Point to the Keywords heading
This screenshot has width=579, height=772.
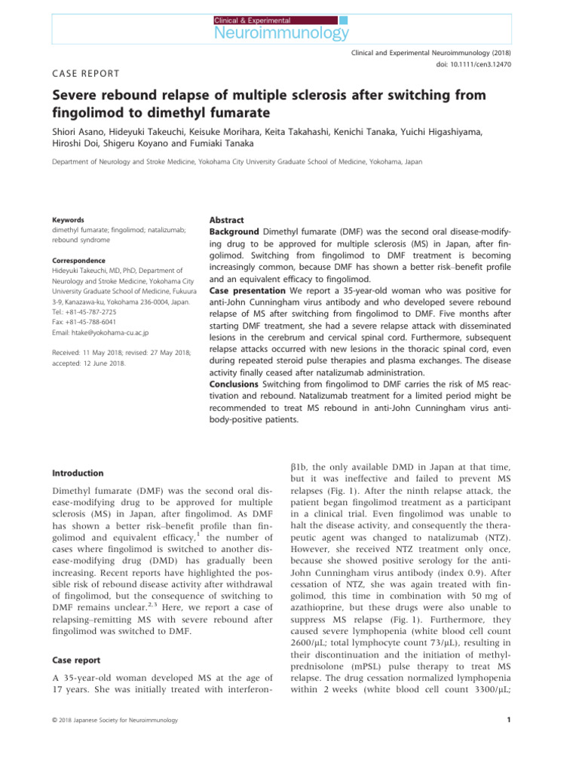(64, 220)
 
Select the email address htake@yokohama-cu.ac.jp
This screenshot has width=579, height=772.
(105, 332)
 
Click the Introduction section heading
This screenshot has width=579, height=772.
(78, 473)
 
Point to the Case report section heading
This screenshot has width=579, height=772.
(75, 660)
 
